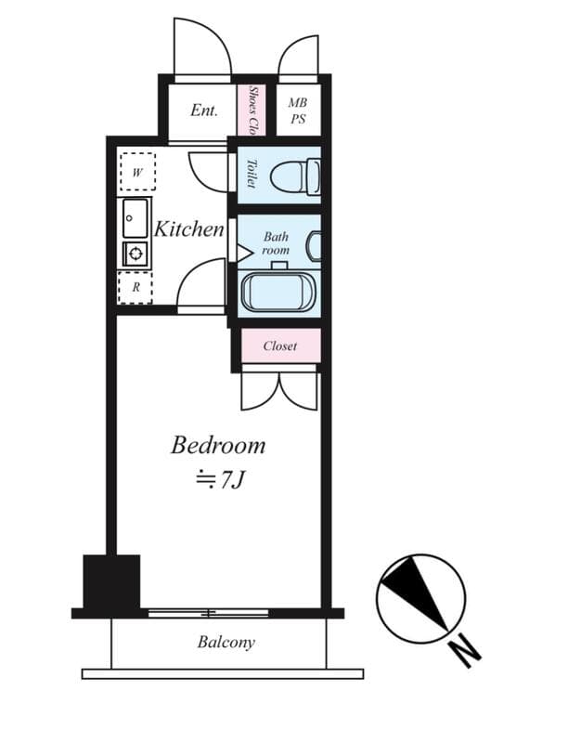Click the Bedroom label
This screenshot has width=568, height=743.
pos(218,445)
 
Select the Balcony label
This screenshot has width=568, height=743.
pos(226,642)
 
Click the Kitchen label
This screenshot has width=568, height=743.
pos(188,229)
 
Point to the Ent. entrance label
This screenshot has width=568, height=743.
pos(203,111)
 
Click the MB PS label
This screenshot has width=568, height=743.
pos(298,110)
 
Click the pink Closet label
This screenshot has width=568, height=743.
pos(279,345)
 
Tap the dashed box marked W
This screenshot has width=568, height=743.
pos(136,172)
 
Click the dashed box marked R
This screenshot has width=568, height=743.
pos(136,287)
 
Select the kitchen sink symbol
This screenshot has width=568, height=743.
pos(136,217)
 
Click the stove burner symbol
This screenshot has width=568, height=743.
pos(136,254)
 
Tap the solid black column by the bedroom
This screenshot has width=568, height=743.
pos(111,581)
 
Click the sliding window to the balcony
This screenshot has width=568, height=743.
pos(209,613)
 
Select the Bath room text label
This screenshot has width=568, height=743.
pos(276,243)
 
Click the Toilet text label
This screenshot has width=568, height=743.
pos(252,174)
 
